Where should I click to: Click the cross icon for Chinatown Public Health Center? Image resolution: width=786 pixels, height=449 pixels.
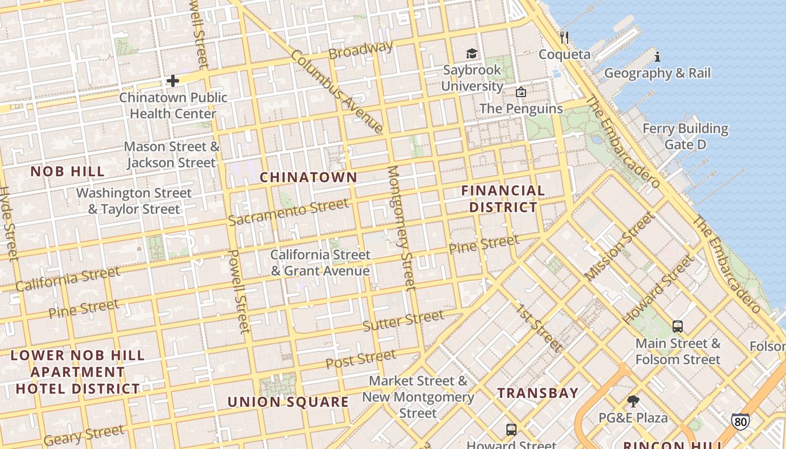(x=172, y=81)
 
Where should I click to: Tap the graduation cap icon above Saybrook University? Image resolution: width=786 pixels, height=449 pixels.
(x=472, y=53)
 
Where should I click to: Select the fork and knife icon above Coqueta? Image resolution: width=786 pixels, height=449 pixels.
(x=564, y=38)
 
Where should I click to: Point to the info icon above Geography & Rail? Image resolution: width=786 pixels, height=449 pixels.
(x=657, y=57)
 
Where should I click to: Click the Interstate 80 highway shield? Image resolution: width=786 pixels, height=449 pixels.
(x=740, y=421)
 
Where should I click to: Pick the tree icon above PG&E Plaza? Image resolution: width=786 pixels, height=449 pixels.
(x=633, y=401)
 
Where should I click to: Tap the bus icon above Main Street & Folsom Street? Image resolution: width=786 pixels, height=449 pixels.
(x=678, y=327)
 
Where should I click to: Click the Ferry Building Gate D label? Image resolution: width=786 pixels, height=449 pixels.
(x=685, y=136)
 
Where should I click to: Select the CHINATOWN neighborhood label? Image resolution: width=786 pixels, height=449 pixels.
(x=308, y=177)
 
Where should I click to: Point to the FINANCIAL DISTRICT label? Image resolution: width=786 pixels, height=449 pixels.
(x=503, y=199)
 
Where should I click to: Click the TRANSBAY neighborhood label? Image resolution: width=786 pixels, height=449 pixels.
(x=538, y=393)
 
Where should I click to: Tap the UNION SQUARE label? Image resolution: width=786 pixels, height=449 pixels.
(x=288, y=402)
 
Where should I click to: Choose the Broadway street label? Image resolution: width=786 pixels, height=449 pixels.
(x=360, y=51)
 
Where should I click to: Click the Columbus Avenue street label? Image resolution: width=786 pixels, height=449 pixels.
(x=337, y=93)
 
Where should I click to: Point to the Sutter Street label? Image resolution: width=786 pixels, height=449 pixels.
(x=403, y=320)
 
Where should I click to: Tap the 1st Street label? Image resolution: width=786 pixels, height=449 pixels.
(x=539, y=328)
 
